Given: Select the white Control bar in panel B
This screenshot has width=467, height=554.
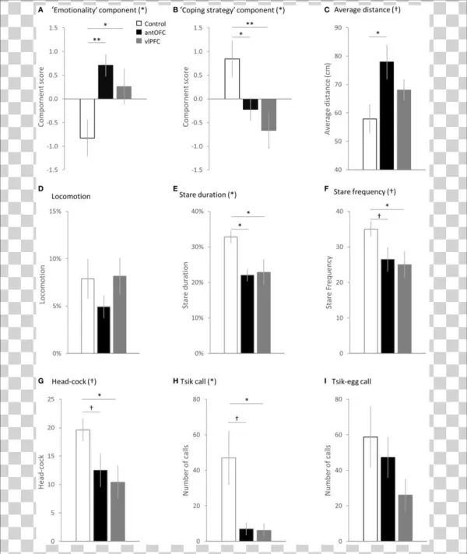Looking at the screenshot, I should coord(232,79).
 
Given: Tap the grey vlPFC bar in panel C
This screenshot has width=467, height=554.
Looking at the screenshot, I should coord(404,129).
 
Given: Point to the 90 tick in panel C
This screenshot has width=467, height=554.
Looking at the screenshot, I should coord(353,29).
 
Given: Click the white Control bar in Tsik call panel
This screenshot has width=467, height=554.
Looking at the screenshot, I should coord(231,499).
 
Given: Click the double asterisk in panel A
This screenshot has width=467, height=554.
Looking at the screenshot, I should coord(97,39).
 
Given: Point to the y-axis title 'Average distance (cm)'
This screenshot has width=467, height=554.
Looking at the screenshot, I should coord(333,100).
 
